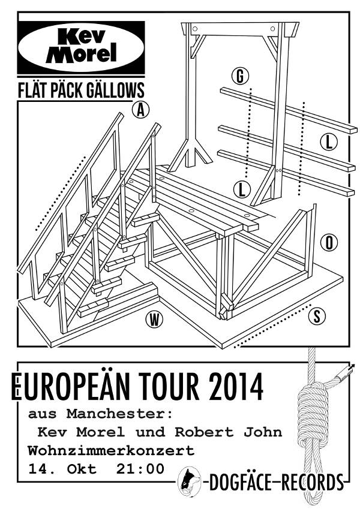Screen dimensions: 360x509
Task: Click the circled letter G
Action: pyautogui.click(x=240, y=76)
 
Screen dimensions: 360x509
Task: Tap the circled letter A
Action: pyautogui.click(x=140, y=110)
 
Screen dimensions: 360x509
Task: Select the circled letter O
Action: pyautogui.click(x=329, y=243)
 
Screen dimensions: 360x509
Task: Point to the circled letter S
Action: pyautogui.click(x=317, y=315)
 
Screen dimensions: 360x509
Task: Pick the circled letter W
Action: pyautogui.click(x=154, y=320)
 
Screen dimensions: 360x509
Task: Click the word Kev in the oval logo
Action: pyautogui.click(x=82, y=37)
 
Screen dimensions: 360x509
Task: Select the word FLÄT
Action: pyautogui.click(x=32, y=90)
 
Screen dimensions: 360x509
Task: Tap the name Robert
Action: pyautogui.click(x=205, y=432)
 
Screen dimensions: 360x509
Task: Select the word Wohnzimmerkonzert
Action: pyautogui.click(x=111, y=451)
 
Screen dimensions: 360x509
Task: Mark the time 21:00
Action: pyautogui.click(x=140, y=469)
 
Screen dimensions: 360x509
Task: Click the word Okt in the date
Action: pyautogui.click(x=82, y=469)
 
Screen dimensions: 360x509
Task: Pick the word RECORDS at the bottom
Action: pyautogui.click(x=312, y=483)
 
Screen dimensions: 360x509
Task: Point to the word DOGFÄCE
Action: pyautogui.click(x=240, y=483)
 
